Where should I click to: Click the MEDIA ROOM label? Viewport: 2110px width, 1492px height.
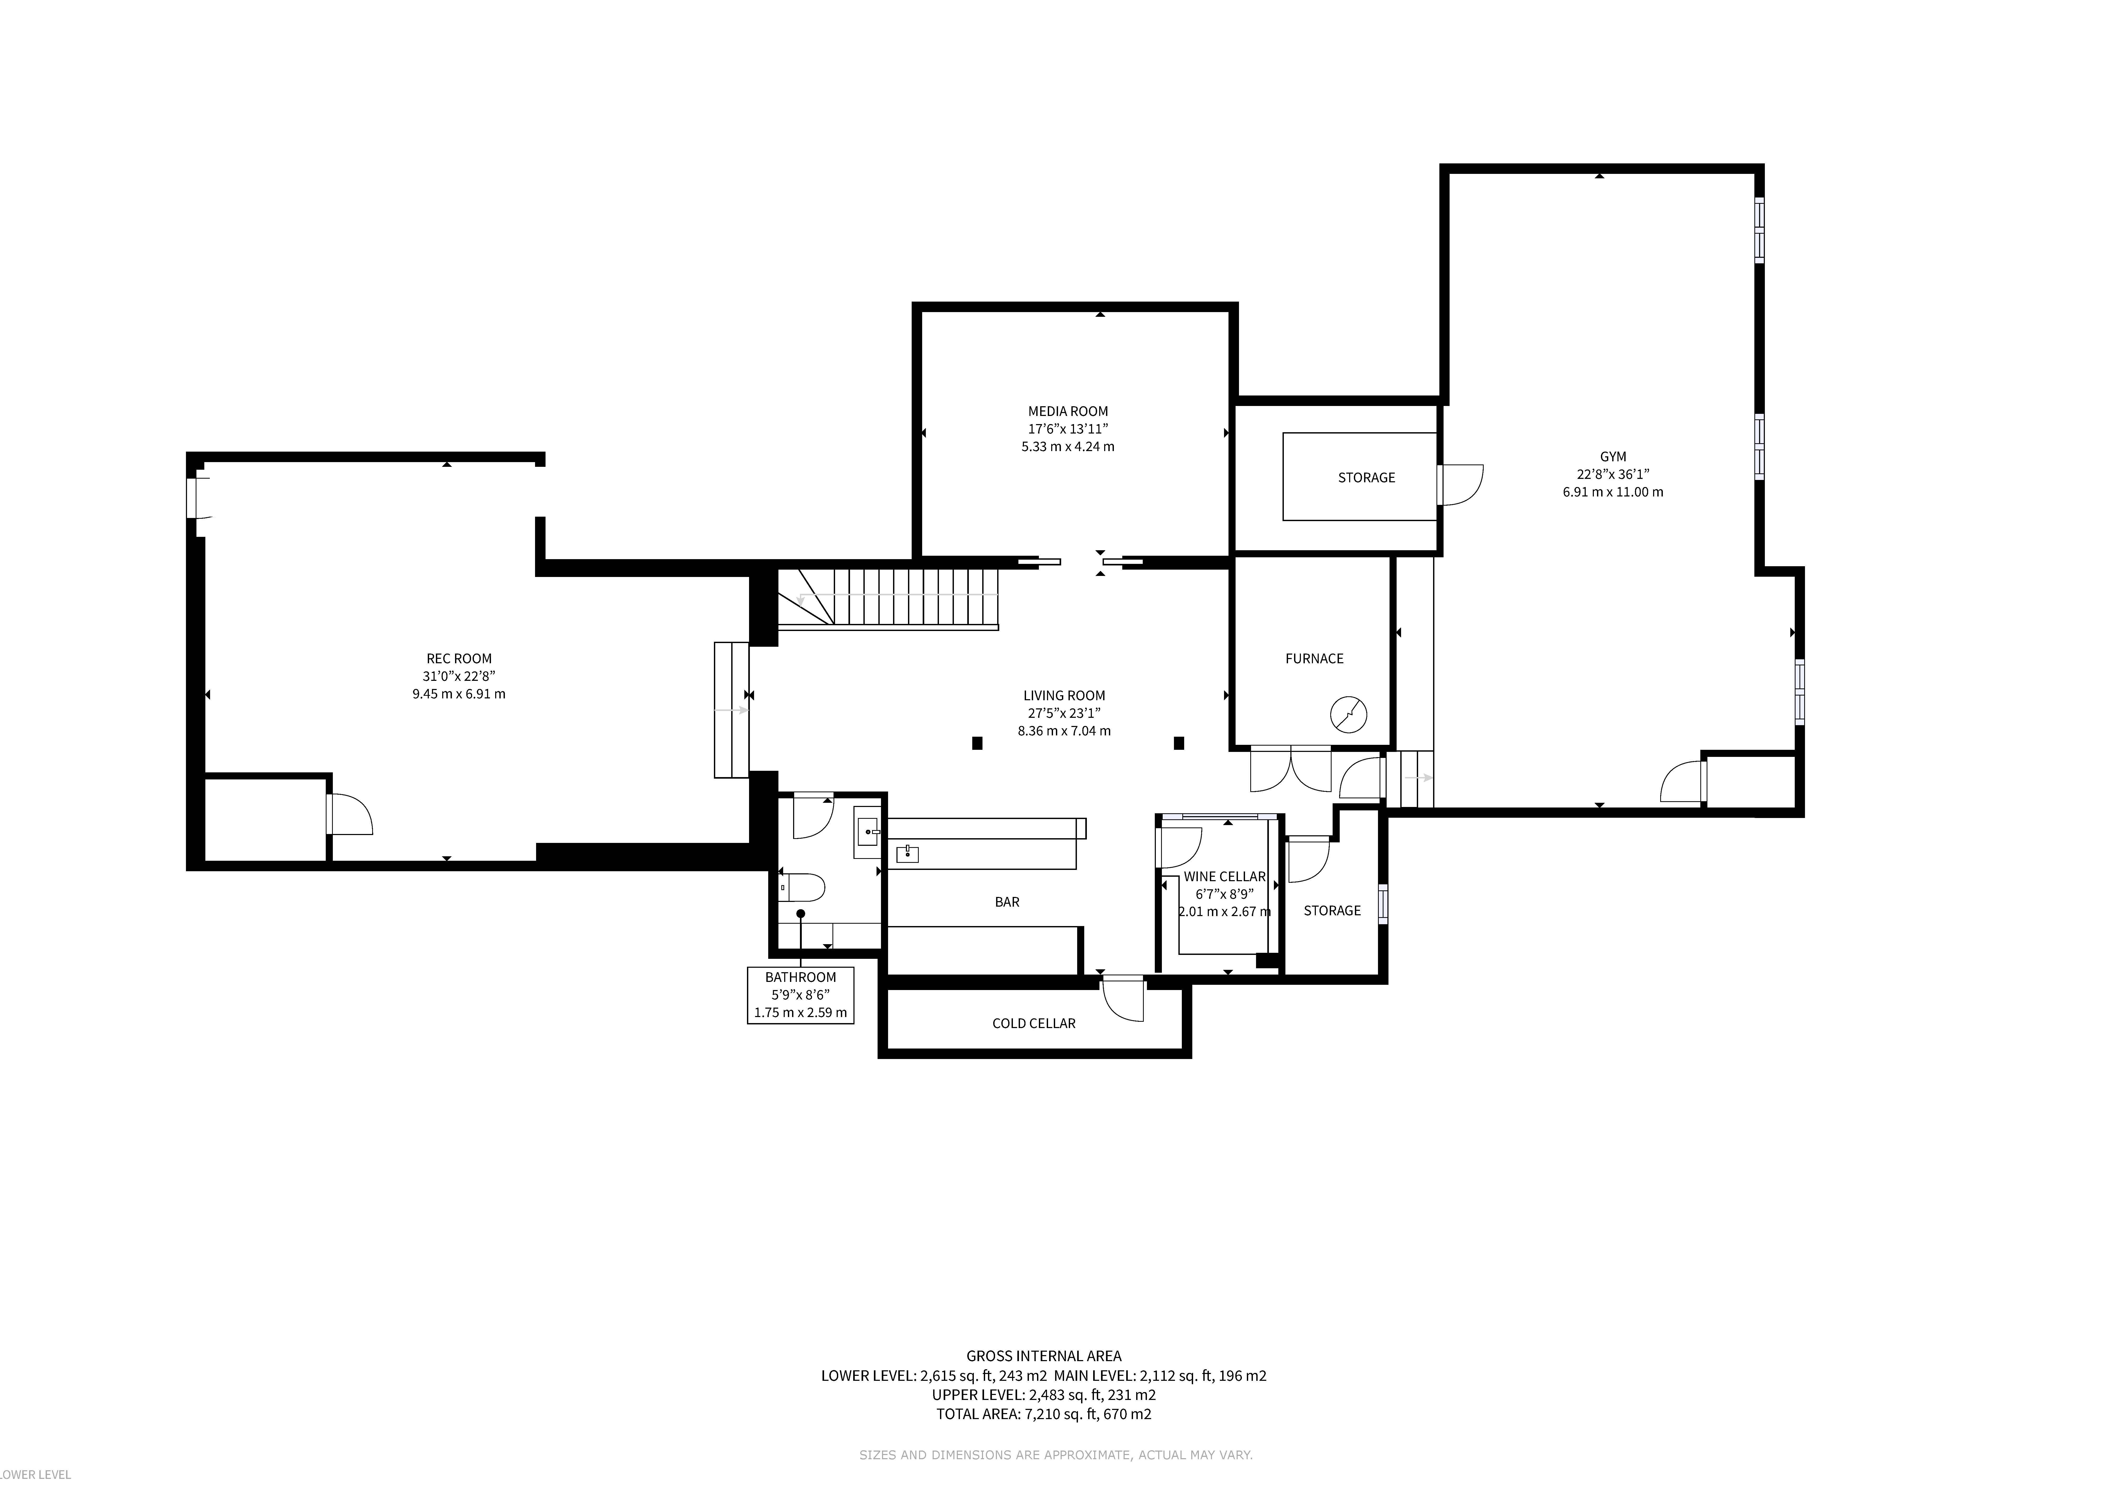(1068, 411)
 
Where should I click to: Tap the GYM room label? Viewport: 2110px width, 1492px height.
(1613, 457)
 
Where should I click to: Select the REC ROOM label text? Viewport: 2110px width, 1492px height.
(458, 659)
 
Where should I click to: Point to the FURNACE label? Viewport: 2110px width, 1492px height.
(1314, 659)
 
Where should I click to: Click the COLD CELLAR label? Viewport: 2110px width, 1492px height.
(1034, 1023)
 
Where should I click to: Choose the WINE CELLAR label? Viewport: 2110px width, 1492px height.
(1224, 876)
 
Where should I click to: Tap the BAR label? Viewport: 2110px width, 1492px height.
(1007, 902)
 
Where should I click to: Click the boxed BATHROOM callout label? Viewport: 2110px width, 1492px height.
(800, 995)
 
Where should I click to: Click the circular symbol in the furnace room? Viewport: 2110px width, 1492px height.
(1348, 715)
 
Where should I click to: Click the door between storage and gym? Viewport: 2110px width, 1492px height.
(1460, 484)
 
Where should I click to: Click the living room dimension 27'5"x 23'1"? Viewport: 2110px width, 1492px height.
(1064, 713)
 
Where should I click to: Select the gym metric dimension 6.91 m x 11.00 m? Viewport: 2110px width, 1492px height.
(1613, 491)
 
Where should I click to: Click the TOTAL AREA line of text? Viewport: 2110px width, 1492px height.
(1044, 1414)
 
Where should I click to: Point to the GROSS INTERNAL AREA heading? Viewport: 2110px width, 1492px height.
(1044, 1356)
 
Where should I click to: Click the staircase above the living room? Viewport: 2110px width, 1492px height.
(888, 598)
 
